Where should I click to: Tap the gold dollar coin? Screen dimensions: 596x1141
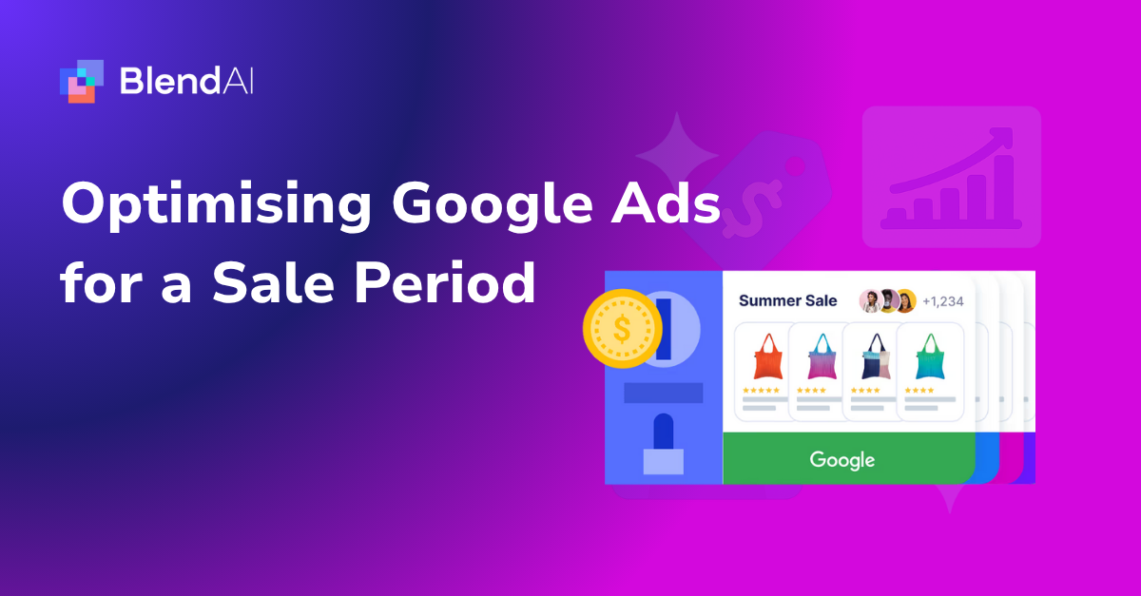click(x=622, y=329)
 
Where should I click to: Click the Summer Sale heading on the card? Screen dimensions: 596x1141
click(x=788, y=301)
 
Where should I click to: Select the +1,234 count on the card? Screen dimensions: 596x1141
click(x=943, y=301)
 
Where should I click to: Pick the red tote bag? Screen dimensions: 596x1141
click(x=766, y=356)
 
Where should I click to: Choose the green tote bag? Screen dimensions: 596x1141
click(x=926, y=356)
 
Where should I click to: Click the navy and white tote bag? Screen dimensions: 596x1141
click(x=873, y=356)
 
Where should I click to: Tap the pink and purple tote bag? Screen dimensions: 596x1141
click(x=820, y=356)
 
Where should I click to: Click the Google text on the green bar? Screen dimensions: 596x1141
click(x=842, y=460)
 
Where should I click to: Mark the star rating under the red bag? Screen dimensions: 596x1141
click(x=762, y=390)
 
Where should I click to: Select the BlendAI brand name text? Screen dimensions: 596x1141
click(x=187, y=81)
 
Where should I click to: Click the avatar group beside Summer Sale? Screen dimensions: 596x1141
click(x=887, y=301)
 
